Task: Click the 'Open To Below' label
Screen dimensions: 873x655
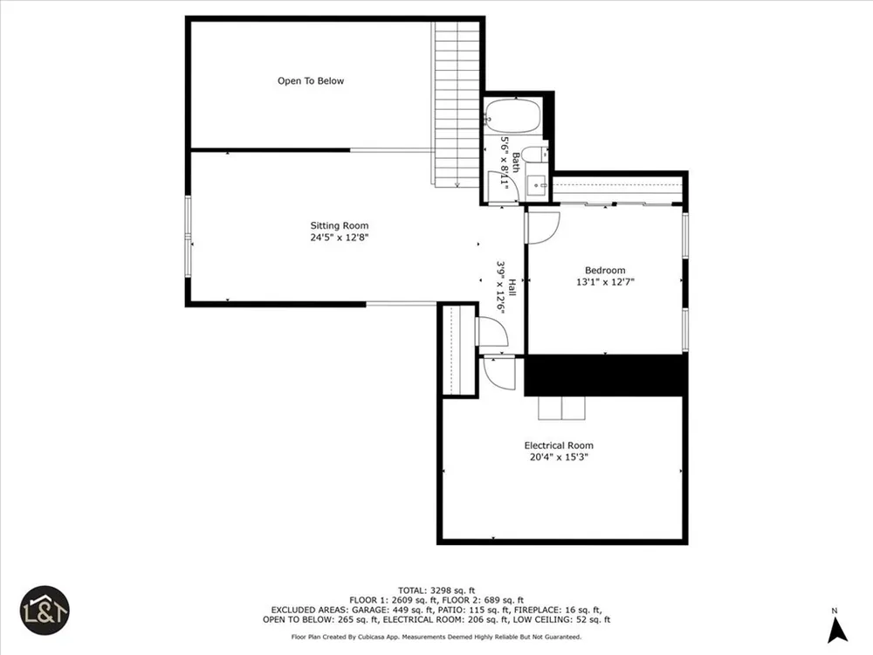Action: (311, 80)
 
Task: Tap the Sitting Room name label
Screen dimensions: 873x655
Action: (339, 225)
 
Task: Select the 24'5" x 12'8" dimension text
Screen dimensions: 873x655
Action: (340, 238)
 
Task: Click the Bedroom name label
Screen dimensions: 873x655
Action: (605, 270)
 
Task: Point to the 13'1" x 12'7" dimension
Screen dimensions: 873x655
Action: (605, 282)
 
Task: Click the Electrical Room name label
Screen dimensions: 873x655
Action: (559, 445)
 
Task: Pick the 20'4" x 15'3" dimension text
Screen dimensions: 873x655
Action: (559, 458)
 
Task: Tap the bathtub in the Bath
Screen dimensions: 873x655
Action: (512, 116)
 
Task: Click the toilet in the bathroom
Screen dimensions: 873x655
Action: (536, 154)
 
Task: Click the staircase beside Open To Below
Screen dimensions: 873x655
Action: (457, 104)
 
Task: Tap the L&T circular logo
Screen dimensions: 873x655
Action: (45, 610)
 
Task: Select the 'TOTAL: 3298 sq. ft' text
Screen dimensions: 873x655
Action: (436, 590)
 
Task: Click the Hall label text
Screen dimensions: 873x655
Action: (512, 288)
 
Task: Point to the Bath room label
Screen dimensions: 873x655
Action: (516, 162)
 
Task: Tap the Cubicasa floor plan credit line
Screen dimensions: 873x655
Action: (436, 637)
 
